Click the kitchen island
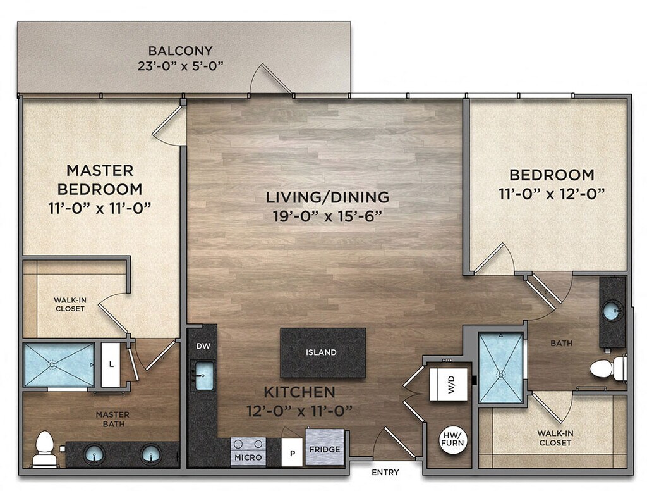point(323,352)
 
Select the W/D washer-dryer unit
point(449,384)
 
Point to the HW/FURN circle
point(452,439)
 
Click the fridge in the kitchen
point(325,447)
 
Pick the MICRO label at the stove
point(248,457)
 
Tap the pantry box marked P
point(292,452)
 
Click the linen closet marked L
point(111,364)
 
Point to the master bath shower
point(59,364)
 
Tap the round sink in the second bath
point(613,311)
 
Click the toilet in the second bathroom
point(608,368)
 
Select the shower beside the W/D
point(501,368)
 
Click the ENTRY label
point(385,472)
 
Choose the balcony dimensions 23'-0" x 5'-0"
point(180,66)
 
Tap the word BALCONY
point(180,51)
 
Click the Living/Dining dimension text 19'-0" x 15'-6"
point(327,216)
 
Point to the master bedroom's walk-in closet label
point(70,304)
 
